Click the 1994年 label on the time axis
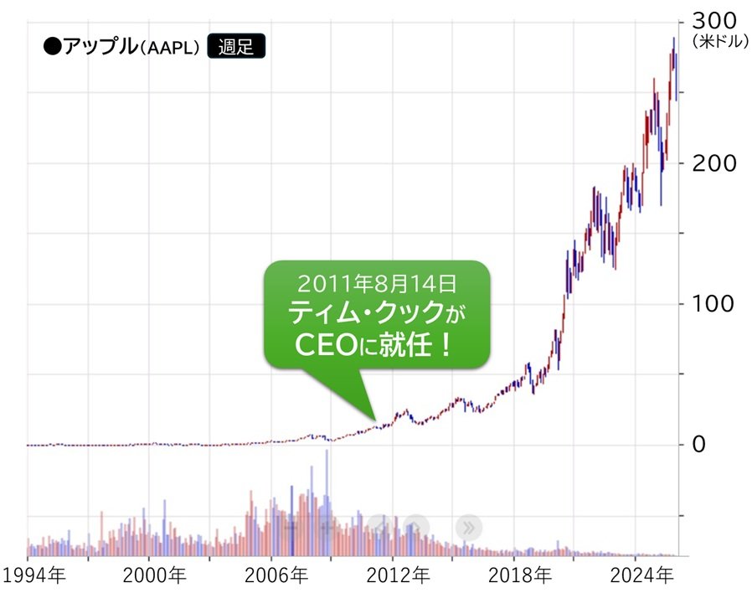click(x=33, y=576)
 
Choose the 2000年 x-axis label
click(x=155, y=576)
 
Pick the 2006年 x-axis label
click(x=277, y=576)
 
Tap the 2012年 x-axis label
click(x=399, y=576)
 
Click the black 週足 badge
click(x=235, y=47)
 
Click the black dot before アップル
click(x=52, y=47)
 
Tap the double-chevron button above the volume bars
click(x=469, y=527)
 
